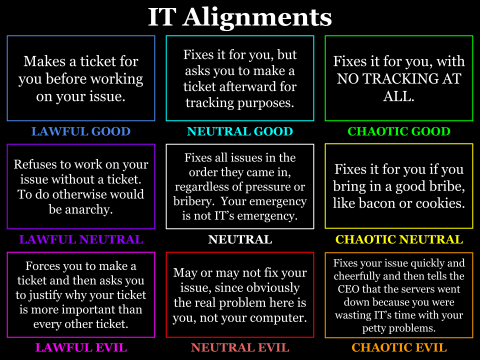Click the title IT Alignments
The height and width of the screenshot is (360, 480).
[240, 18]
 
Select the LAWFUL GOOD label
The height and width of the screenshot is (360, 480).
[81, 131]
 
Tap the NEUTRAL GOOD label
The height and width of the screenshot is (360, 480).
[240, 131]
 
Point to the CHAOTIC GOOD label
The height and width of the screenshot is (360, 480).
[399, 131]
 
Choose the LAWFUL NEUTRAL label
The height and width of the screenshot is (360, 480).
[81, 239]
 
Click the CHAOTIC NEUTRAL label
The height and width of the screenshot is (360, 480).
[399, 239]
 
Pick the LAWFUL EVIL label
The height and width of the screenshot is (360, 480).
[81, 347]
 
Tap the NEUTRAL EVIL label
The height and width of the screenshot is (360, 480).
[240, 347]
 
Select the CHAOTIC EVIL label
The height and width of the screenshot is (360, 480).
[399, 347]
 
